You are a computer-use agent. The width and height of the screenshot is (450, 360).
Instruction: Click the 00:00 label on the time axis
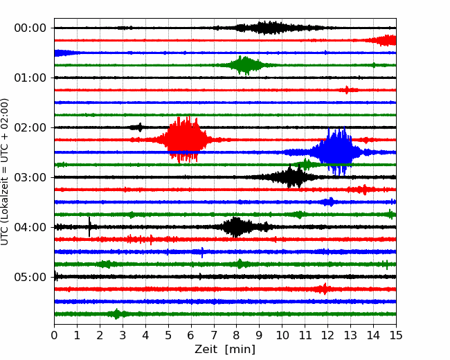pos(30,28)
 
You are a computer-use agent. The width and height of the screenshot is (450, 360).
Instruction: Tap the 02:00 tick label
pos(30,127)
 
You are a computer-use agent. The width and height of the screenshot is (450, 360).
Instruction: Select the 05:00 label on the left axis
pos(30,277)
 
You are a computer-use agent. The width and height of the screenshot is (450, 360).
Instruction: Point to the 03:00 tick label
pos(30,177)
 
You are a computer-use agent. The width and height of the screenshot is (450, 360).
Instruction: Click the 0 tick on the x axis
pos(54,335)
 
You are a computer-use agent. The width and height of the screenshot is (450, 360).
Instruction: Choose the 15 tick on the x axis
pos(396,335)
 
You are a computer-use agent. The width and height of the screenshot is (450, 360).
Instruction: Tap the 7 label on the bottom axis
pos(214,335)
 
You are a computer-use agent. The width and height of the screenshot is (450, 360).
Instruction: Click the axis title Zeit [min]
pos(225,350)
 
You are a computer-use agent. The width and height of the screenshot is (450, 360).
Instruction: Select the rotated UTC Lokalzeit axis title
pos(5,172)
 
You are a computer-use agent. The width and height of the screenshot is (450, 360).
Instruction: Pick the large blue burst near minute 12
pos(336,152)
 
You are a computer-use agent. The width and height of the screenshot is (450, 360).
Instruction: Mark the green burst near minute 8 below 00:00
pos(244,66)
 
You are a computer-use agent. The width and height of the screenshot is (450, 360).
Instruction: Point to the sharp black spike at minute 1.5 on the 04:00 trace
pos(89,227)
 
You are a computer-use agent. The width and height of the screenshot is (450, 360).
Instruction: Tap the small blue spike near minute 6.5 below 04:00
pos(202,252)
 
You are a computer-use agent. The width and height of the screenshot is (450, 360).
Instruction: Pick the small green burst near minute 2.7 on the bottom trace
pos(116,314)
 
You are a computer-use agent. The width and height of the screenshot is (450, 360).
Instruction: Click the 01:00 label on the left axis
pos(30,78)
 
